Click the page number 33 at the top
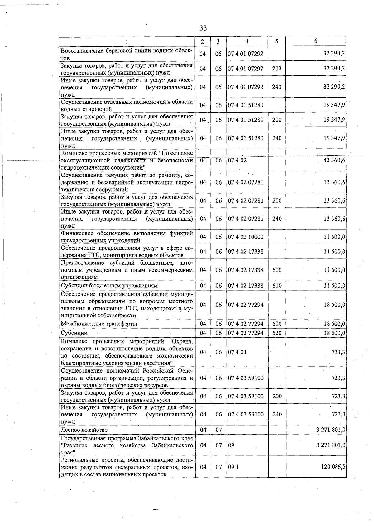(203, 28)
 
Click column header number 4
(247, 41)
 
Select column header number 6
(315, 41)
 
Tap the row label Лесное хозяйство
(84, 430)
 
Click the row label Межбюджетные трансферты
(99, 324)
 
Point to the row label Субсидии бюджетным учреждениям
(109, 286)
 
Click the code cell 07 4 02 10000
(246, 237)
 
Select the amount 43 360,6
(334, 161)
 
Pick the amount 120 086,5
(333, 467)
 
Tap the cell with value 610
(277, 286)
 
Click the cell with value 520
(277, 333)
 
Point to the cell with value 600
(277, 270)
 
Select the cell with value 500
(277, 324)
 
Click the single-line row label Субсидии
(74, 333)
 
